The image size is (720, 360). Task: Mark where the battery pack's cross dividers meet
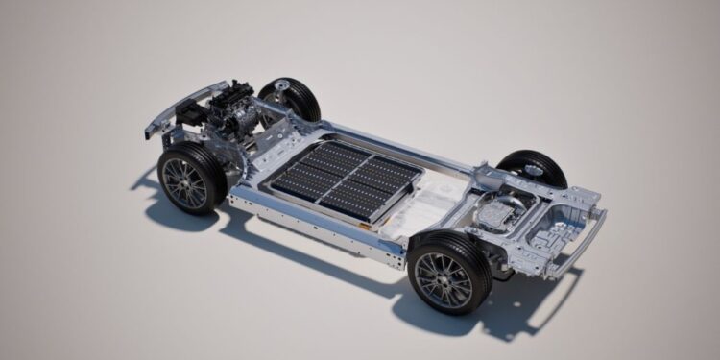(345, 179)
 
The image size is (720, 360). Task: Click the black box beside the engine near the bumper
(191, 115)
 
